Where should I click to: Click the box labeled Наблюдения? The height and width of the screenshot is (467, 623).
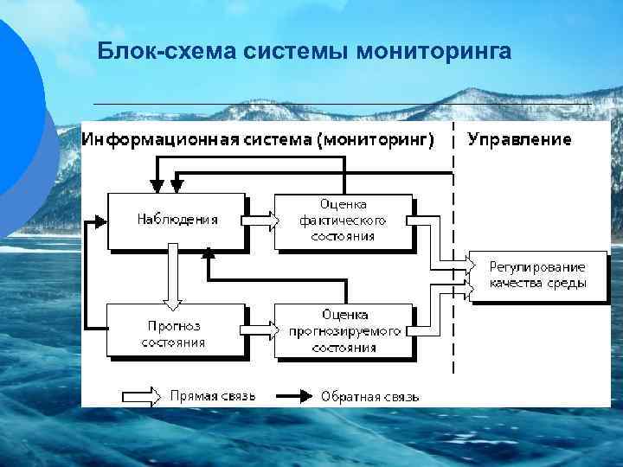point(177,220)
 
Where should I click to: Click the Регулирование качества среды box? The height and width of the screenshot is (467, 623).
point(537,274)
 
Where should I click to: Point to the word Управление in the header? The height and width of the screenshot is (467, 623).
point(519,139)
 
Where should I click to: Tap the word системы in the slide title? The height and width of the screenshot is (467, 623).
point(289,52)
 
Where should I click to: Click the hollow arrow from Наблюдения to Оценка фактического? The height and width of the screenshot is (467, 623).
point(260,221)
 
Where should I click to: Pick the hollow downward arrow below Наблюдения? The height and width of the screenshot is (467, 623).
point(173,276)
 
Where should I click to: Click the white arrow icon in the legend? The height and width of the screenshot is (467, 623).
point(141,397)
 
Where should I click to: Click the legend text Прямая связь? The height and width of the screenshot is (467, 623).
point(212,397)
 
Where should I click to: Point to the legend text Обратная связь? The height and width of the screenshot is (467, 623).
point(369,397)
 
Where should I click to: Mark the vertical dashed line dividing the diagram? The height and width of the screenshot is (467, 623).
point(455,259)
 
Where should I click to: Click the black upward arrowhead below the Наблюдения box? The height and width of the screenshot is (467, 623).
point(208,253)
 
